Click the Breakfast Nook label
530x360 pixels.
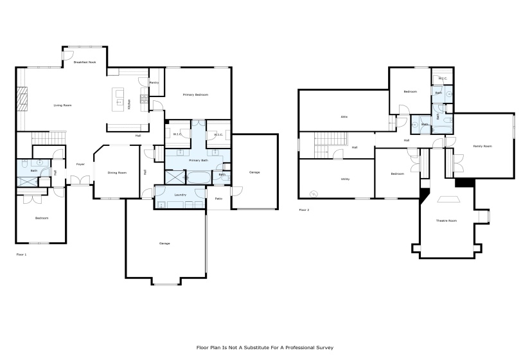click(x=84, y=62)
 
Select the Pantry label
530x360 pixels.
click(x=154, y=83)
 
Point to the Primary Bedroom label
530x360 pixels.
click(x=195, y=94)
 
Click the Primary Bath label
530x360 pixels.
click(x=197, y=160)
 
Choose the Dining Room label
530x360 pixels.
click(x=117, y=172)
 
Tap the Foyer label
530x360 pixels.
click(x=80, y=164)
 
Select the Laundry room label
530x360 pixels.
click(x=181, y=195)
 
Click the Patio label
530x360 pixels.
click(x=218, y=199)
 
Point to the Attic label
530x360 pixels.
click(x=344, y=116)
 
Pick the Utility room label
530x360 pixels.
click(x=345, y=179)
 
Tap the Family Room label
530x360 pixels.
click(x=482, y=146)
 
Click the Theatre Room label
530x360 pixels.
click(x=446, y=221)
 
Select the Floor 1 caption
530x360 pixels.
click(x=21, y=255)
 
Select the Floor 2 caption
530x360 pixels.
click(x=305, y=210)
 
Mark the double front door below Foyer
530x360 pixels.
click(x=80, y=184)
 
